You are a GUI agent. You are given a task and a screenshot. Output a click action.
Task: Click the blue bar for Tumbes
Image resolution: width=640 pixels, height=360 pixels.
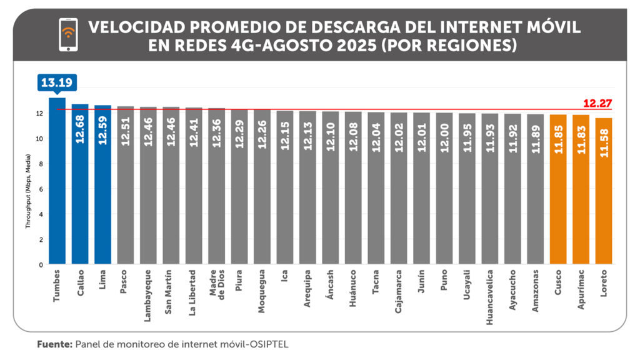[57, 181]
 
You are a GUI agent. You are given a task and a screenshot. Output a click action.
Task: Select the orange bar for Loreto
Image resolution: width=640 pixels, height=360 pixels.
[604, 191]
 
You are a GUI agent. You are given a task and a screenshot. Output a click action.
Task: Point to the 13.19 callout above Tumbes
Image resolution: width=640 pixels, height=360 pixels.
[57, 82]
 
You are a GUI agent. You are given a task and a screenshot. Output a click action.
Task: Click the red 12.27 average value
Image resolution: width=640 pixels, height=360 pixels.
[597, 103]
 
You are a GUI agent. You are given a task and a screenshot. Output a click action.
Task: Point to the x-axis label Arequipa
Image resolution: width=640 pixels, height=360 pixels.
[307, 288]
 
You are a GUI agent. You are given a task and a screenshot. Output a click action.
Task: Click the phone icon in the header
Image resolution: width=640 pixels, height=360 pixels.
[68, 35]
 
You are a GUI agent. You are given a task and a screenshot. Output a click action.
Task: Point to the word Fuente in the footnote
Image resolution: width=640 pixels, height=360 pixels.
[54, 344]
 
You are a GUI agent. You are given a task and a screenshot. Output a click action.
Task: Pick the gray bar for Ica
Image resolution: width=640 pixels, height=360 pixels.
[285, 187]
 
